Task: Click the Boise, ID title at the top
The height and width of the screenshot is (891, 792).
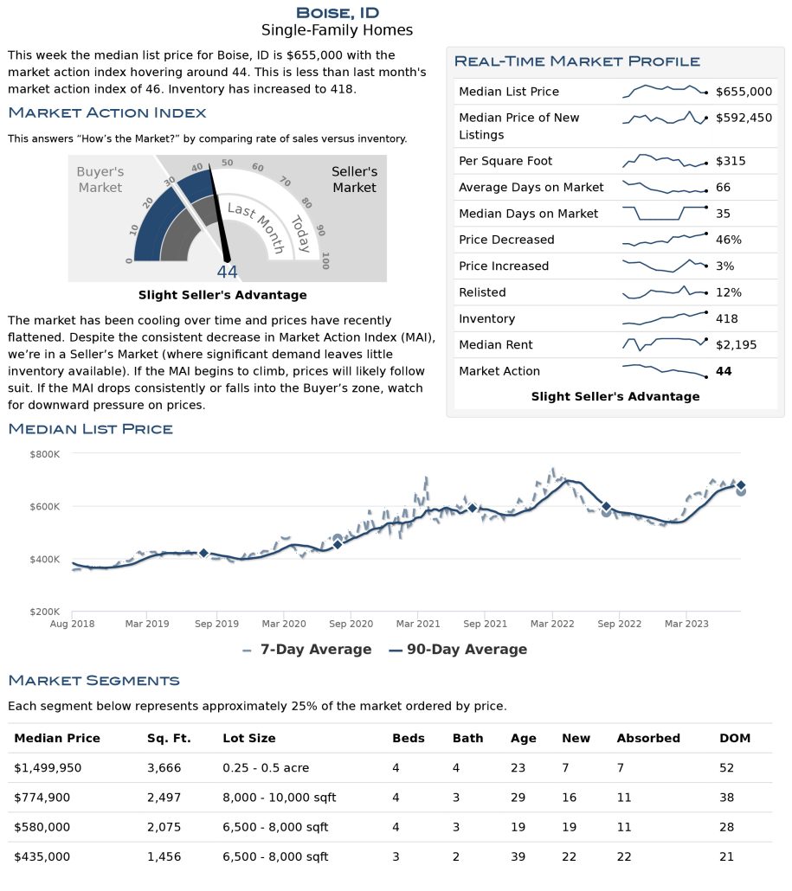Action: tap(338, 12)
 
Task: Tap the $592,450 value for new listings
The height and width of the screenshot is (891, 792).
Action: tap(744, 118)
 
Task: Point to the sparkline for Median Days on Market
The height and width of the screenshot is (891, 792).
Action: tap(665, 213)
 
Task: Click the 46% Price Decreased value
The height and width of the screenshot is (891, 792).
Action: tap(728, 240)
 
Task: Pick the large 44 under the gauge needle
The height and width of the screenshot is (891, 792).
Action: tap(227, 272)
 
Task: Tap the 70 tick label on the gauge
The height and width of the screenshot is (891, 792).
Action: tap(286, 182)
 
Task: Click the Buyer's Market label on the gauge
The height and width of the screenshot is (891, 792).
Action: tap(100, 180)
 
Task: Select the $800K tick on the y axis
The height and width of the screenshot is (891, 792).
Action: tap(44, 454)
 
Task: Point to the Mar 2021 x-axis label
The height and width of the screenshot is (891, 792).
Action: tap(418, 624)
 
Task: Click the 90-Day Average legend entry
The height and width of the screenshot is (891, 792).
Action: tap(458, 649)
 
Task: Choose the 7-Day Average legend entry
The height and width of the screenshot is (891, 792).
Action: tap(307, 649)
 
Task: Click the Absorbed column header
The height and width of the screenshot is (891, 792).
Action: tap(648, 738)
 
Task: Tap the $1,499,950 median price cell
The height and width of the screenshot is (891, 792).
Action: tap(48, 767)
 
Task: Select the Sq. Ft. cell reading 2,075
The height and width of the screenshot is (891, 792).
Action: tap(164, 827)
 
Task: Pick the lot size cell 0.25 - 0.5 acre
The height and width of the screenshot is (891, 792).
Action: tap(266, 767)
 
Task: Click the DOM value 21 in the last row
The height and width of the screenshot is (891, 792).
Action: tap(726, 856)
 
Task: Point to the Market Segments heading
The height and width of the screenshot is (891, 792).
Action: tap(93, 680)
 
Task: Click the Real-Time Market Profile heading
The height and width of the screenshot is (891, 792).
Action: tap(577, 61)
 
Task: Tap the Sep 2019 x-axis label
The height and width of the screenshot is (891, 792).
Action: tap(216, 624)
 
